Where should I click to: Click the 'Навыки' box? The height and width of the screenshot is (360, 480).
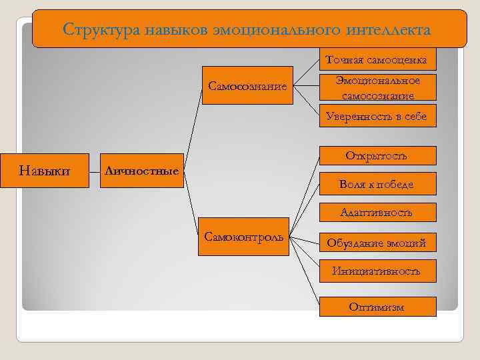pos(46,171)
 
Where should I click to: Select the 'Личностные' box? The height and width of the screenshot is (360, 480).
pos(141,171)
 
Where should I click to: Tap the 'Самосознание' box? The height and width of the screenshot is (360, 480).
pos(247,86)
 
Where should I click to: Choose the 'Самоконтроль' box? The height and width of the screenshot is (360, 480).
pos(244,237)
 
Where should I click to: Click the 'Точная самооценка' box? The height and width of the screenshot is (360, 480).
pos(377,61)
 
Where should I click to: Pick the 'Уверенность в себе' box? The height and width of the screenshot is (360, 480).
pos(377,117)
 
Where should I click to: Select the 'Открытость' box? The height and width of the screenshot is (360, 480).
pos(377,156)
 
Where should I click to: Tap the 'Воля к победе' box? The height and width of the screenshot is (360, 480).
pos(377,184)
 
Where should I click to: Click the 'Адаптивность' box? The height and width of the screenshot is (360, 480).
pos(377,213)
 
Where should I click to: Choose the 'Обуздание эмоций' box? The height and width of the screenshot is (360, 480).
pos(377,243)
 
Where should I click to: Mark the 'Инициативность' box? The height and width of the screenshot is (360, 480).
pos(377,271)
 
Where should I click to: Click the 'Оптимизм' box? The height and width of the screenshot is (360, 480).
pos(377,307)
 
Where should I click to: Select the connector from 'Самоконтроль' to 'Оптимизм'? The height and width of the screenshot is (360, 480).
pos(313,273)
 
